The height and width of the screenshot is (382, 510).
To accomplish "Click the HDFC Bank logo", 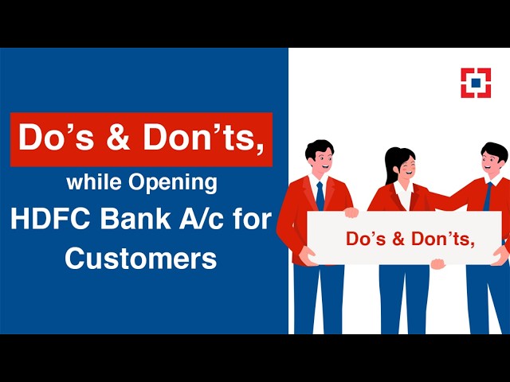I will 476,83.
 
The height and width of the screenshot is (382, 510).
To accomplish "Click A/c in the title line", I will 199,220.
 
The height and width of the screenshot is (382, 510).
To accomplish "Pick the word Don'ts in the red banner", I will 202,138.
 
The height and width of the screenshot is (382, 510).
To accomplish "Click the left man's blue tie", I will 320,196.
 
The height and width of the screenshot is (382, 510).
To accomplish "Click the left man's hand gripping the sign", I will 351,212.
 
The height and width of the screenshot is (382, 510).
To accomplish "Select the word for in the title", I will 253,220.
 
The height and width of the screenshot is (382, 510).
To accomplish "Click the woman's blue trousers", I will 405,298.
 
